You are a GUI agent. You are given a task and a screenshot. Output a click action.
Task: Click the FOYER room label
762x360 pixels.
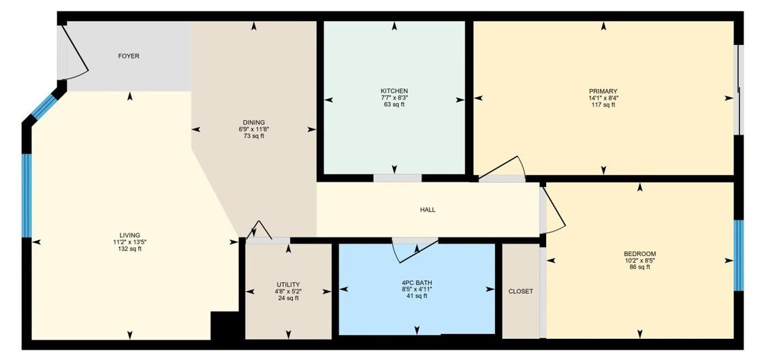[x=129, y=56]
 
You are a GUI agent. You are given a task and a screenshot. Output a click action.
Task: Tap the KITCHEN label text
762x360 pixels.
[x=394, y=91]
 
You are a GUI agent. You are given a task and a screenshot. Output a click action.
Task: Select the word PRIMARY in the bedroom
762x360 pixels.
[x=603, y=91]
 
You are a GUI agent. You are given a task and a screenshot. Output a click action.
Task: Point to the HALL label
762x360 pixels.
[x=428, y=210]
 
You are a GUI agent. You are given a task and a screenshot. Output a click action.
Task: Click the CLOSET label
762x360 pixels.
[x=520, y=291]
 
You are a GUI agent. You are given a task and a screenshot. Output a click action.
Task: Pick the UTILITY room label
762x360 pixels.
[x=288, y=284]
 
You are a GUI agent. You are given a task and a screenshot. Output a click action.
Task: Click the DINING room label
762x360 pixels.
[x=254, y=122]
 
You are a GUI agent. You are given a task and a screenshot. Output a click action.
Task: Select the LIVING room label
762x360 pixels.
[x=129, y=235]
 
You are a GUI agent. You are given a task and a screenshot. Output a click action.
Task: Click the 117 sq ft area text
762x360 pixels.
[x=603, y=104]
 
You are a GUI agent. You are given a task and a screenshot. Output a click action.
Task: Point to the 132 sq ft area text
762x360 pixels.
[x=129, y=249]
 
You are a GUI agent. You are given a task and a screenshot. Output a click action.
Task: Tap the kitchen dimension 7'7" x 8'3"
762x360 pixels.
[x=394, y=97]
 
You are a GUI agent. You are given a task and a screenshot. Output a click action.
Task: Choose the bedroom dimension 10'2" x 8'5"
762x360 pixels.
[x=639, y=261]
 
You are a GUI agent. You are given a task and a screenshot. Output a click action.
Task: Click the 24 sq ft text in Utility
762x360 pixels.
[x=288, y=298]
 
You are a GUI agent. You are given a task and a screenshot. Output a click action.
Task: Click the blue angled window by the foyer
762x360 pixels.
[x=44, y=106]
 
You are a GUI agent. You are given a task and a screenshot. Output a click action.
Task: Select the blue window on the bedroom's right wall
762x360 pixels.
[x=738, y=255]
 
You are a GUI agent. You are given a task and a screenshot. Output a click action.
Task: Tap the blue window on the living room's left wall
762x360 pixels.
[x=27, y=195]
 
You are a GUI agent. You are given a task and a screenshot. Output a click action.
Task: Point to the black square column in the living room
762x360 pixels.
[x=225, y=325]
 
